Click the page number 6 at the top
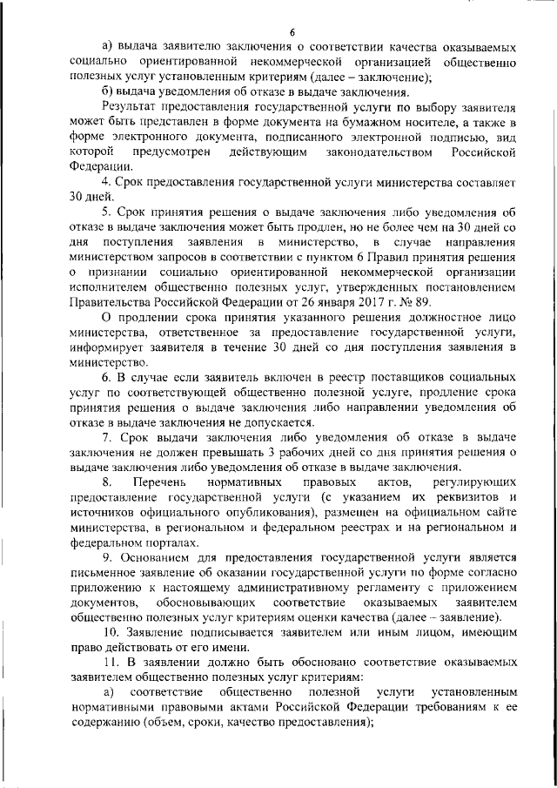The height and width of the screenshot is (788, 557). [279, 32]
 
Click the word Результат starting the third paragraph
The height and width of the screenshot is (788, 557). [128, 106]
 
